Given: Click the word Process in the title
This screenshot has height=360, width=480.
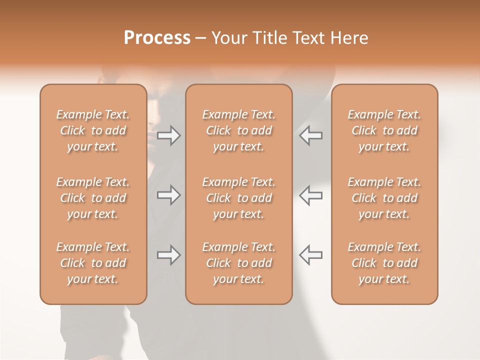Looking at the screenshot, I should coord(157,38).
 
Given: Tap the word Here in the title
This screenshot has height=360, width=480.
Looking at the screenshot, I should coord(349,38).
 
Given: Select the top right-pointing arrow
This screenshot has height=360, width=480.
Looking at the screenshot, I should coord(168,135).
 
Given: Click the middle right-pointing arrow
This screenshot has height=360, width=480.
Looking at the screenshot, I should coord(168,195).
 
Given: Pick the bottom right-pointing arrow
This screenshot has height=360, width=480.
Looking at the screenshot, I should coord(168,255).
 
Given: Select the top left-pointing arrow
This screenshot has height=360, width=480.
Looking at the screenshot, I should coord(311,135).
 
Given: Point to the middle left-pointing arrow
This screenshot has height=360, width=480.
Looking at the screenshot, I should coord(311,195).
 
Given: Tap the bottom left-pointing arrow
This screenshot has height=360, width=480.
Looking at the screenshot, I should coord(311,255).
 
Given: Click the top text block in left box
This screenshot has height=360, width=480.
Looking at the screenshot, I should coord(93,130).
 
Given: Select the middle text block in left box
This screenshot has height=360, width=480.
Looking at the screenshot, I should coord(93,198).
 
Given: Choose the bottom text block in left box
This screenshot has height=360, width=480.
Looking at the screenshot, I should coord(93,263).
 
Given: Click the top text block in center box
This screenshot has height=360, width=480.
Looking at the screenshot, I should coord(238,130).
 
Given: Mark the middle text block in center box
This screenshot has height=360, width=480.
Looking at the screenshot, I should coord(238,198).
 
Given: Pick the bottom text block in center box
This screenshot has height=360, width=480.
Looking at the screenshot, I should coord(238,263).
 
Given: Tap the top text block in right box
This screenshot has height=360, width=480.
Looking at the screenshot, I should coord(384,130).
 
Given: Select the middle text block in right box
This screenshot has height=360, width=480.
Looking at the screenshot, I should coord(384,198).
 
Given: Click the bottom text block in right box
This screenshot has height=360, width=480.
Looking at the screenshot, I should coord(384,263).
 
